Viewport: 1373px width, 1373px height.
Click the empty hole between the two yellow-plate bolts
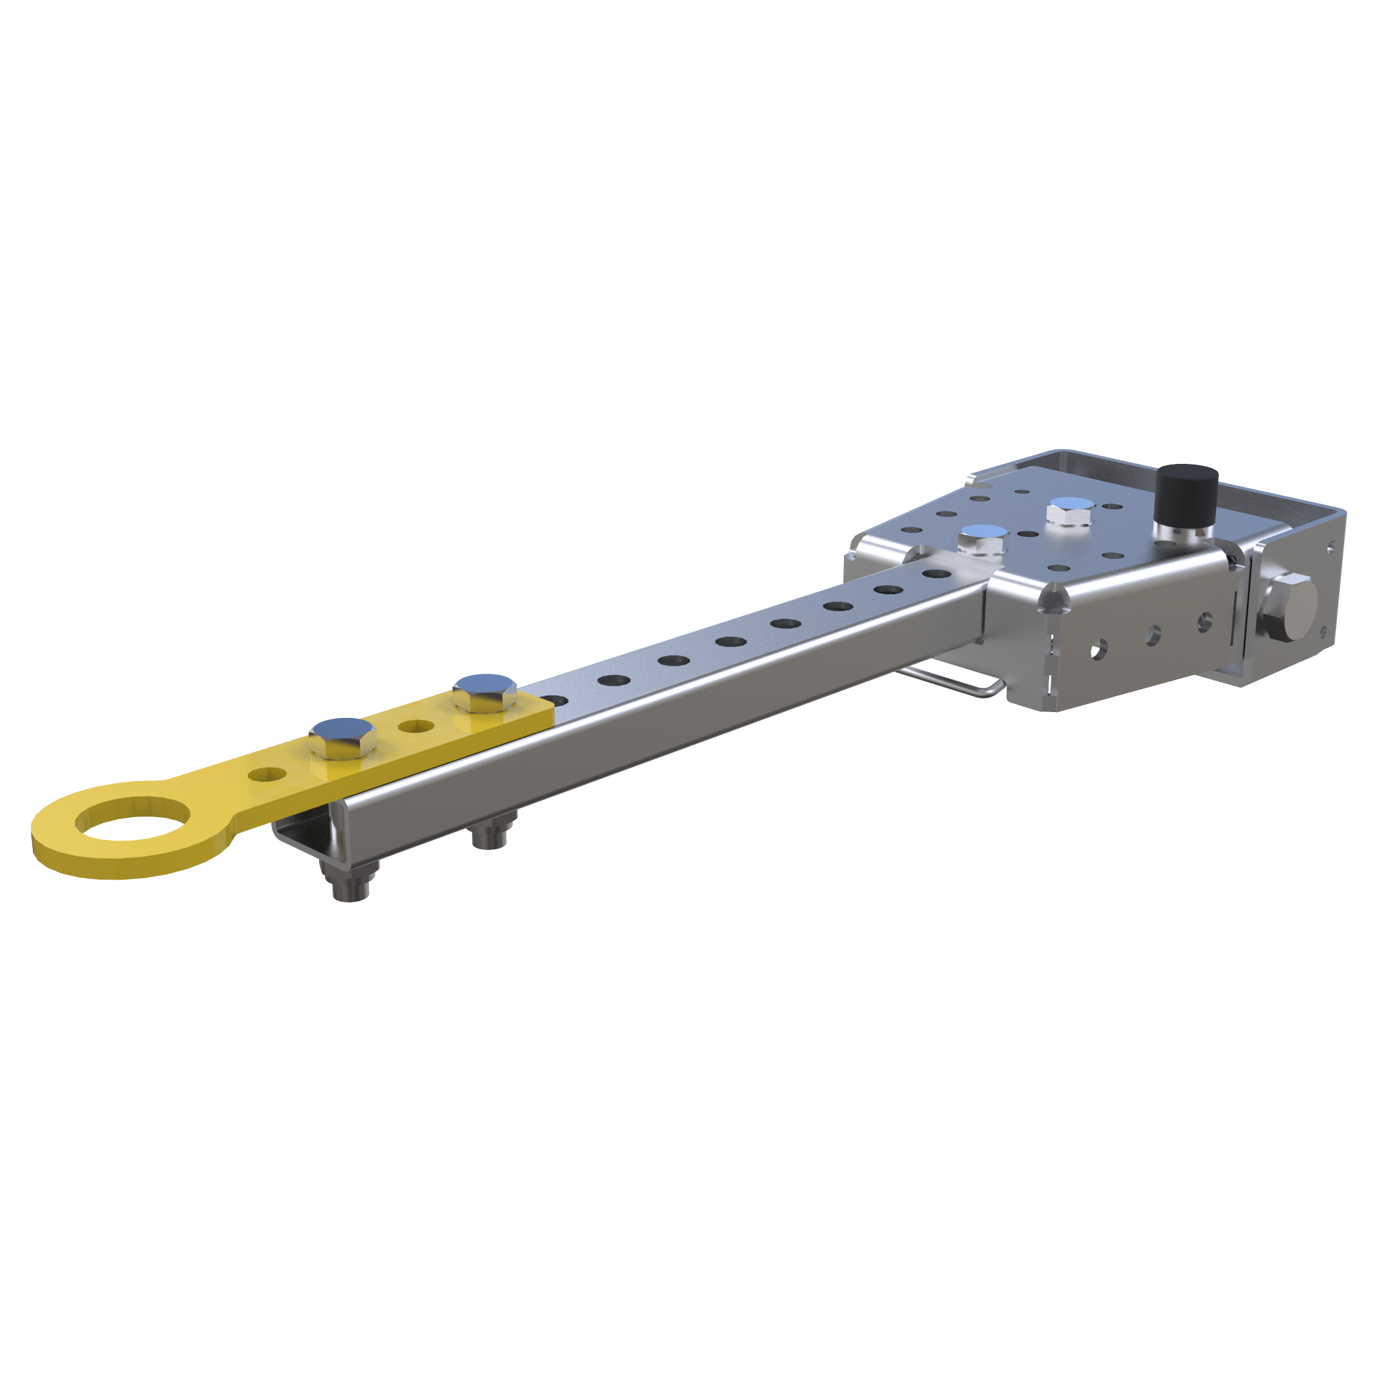[416, 726]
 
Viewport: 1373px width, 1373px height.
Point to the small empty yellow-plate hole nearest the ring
[267, 774]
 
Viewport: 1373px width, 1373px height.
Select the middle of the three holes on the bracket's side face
[1152, 635]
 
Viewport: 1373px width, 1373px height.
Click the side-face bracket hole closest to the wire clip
[1099, 648]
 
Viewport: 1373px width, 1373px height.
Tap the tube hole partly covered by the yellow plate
[558, 701]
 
